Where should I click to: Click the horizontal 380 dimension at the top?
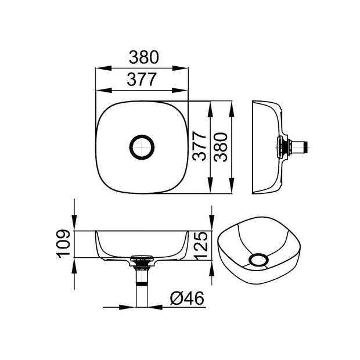tap(142, 57)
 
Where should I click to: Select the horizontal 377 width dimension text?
tap(142, 80)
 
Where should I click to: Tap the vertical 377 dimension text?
tap(199, 147)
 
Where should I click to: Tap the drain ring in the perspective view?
tap(258, 260)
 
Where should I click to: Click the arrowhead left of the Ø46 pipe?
tap(131, 305)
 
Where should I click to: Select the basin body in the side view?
tap(267, 147)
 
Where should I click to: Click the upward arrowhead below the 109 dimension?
tap(74, 265)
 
